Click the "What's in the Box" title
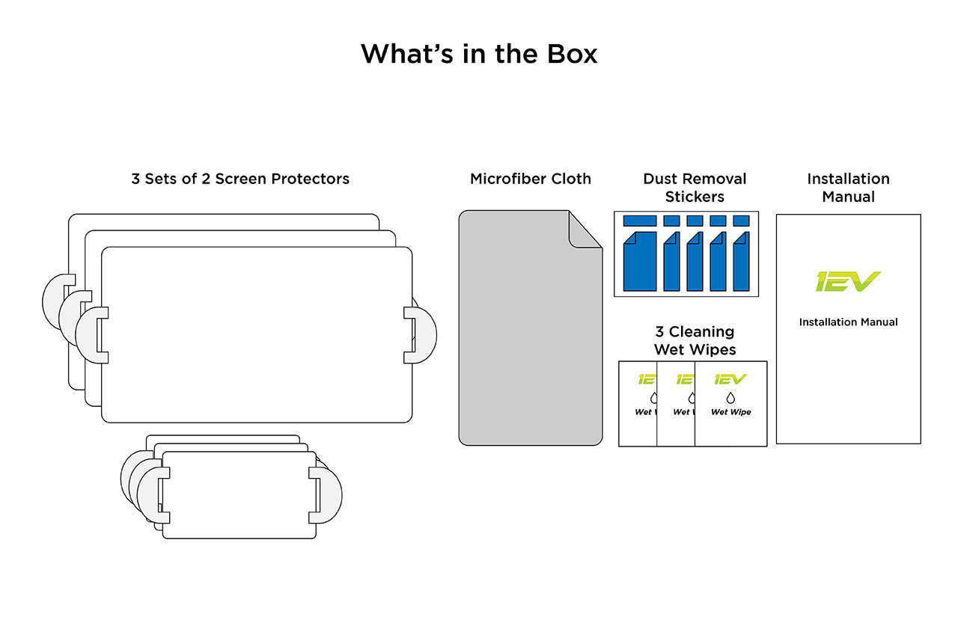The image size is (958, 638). [x=479, y=54]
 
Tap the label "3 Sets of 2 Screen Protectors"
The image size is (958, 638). [x=240, y=179]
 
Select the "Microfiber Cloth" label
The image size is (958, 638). [x=530, y=179]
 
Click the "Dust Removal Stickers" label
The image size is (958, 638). [x=695, y=188]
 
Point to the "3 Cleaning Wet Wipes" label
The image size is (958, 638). [x=695, y=340]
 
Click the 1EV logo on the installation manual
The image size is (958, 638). [x=847, y=282]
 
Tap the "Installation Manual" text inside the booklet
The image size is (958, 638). [x=848, y=322]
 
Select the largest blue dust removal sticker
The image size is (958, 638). [x=640, y=261]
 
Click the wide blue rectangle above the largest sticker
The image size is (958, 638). [x=640, y=221]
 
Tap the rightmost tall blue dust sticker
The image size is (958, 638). [x=741, y=261]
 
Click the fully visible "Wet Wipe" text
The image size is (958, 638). [x=730, y=412]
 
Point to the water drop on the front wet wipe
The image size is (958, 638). [x=730, y=398]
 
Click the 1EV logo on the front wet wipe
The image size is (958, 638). [x=730, y=379]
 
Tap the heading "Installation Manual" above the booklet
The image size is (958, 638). [x=848, y=188]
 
